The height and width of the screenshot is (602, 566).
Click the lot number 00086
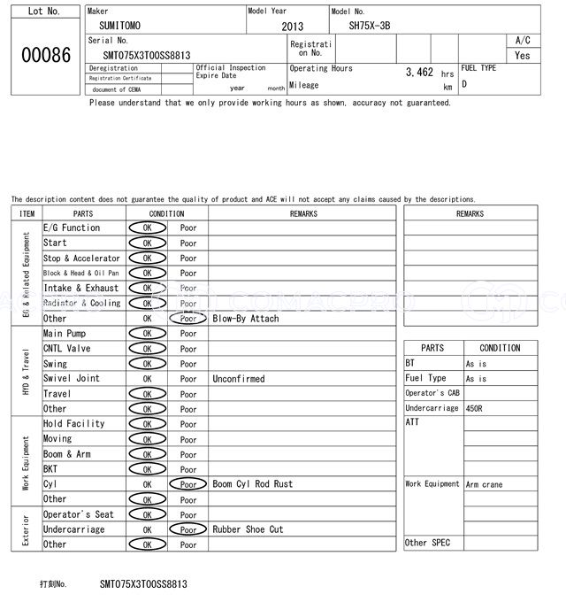pyautogui.click(x=45, y=56)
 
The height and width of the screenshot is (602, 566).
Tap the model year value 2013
pyautogui.click(x=292, y=27)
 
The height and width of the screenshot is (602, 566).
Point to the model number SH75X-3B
pyautogui.click(x=369, y=26)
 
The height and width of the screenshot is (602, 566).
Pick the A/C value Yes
pyautogui.click(x=523, y=55)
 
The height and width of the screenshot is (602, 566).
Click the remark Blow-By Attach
pyautogui.click(x=246, y=318)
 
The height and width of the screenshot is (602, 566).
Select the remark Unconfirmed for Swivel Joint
pyautogui.click(x=238, y=378)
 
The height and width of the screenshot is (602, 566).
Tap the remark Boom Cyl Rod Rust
pyautogui.click(x=252, y=484)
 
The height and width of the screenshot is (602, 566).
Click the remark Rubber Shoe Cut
pyautogui.click(x=248, y=529)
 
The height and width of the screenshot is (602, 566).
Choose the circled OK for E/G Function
pyautogui.click(x=147, y=228)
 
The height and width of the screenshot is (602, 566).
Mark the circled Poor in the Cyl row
pyautogui.click(x=187, y=484)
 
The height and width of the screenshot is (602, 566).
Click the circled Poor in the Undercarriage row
pyautogui.click(x=187, y=529)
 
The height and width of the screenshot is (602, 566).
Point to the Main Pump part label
pyautogui.click(x=65, y=334)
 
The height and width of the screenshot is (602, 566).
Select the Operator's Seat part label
pyautogui.click(x=79, y=514)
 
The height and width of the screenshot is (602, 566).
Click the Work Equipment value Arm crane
pyautogui.click(x=485, y=484)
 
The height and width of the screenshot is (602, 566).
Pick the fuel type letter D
pyautogui.click(x=464, y=85)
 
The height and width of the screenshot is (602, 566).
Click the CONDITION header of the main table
pyautogui.click(x=166, y=213)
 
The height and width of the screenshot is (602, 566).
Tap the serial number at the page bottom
pyautogui.click(x=143, y=584)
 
